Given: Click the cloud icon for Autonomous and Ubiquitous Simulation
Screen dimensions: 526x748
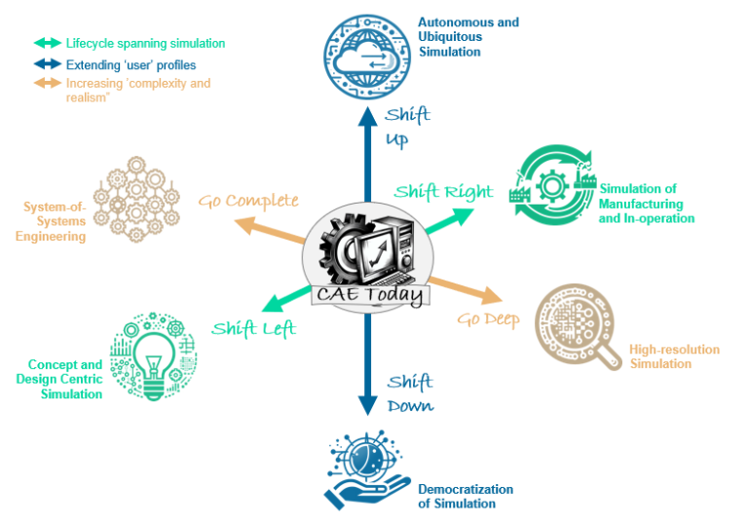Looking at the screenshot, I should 365,52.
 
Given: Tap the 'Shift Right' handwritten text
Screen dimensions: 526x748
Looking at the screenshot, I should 443,191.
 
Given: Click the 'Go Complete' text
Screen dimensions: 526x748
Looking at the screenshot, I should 248,201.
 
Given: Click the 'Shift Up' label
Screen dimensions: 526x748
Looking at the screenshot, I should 406,127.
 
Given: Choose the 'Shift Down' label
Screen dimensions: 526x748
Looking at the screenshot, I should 409,393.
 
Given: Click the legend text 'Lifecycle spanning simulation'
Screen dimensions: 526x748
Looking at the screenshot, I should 145,44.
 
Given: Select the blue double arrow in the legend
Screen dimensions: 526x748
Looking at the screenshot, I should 46,64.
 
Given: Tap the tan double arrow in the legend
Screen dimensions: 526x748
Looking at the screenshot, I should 46,84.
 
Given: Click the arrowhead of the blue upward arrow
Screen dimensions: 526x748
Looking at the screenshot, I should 367,114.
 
